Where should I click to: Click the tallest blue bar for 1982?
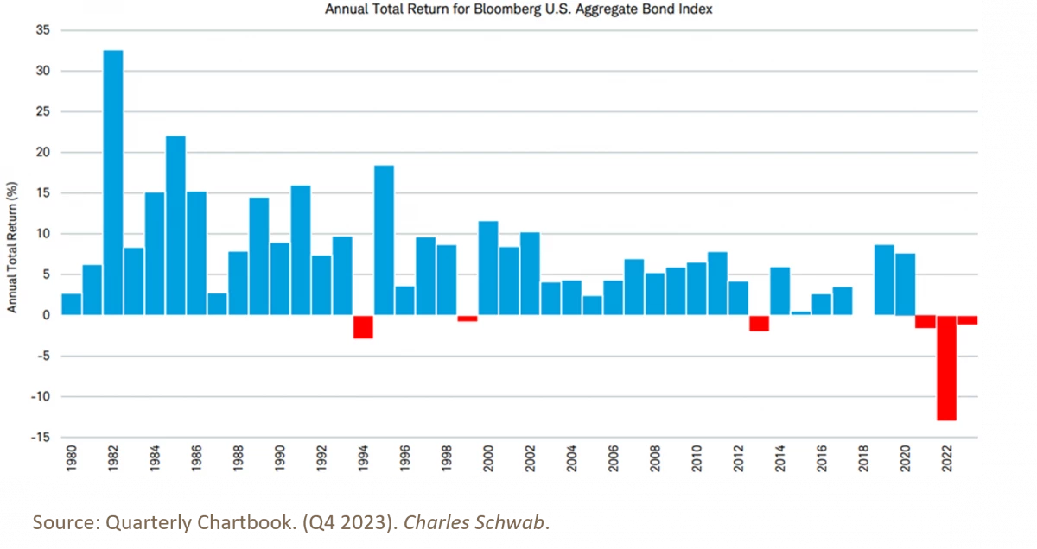(x=113, y=182)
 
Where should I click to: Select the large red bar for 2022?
(x=946, y=368)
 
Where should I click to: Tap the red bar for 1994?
(x=363, y=327)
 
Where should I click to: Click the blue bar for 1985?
(x=175, y=225)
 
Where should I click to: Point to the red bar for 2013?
(x=759, y=324)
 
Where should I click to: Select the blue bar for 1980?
(x=72, y=305)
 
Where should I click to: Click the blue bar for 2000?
(x=488, y=268)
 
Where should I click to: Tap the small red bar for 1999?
(x=468, y=319)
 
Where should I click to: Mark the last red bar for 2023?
(x=967, y=320)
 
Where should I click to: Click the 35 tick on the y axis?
(x=42, y=30)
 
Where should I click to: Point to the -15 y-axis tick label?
(x=40, y=438)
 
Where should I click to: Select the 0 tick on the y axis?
(x=46, y=315)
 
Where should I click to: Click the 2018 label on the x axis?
(x=862, y=458)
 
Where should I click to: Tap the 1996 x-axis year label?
(x=404, y=458)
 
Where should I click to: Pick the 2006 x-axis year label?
(x=613, y=458)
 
